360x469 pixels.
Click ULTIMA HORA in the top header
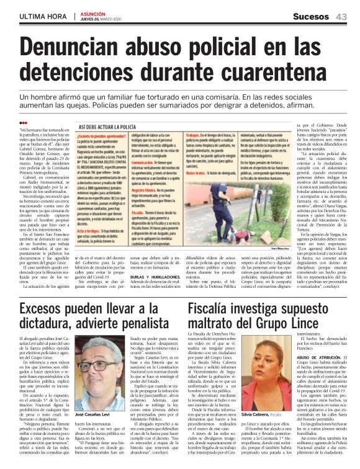pos(40,16)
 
